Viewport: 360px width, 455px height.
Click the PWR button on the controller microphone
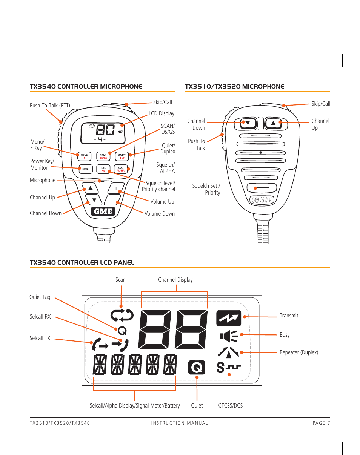click(85, 169)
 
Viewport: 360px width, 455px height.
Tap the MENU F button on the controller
click(85, 156)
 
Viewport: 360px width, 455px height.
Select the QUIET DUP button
click(122, 156)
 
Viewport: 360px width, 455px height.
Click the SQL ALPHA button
click(121, 169)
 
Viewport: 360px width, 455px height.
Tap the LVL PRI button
click(103, 169)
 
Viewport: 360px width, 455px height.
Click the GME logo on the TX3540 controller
click(103, 211)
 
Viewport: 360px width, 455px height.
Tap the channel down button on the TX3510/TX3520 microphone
click(248, 123)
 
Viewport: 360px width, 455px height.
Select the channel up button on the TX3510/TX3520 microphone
click(274, 123)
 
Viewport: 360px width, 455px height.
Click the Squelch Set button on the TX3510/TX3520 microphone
click(262, 187)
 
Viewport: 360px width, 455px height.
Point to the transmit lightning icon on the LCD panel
click(228, 318)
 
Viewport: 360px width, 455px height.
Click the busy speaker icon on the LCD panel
click(229, 336)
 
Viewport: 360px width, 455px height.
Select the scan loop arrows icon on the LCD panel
click(122, 315)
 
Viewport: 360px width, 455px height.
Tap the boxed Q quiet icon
click(197, 367)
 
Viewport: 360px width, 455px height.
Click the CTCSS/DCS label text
click(230, 406)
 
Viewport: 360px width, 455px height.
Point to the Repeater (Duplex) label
click(298, 352)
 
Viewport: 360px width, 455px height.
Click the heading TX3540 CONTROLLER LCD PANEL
click(82, 263)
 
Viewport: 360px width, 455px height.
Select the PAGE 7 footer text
click(321, 423)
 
